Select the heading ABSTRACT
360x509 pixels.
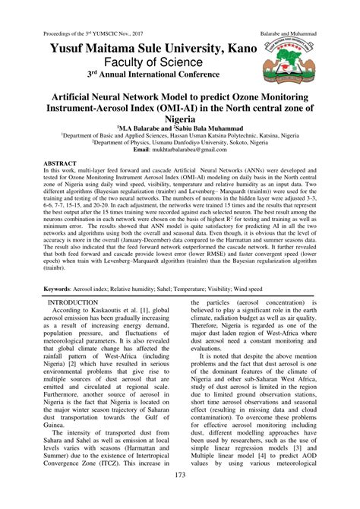(62, 163)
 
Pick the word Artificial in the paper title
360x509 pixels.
(93, 99)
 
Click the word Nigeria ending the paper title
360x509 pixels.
(180, 122)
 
